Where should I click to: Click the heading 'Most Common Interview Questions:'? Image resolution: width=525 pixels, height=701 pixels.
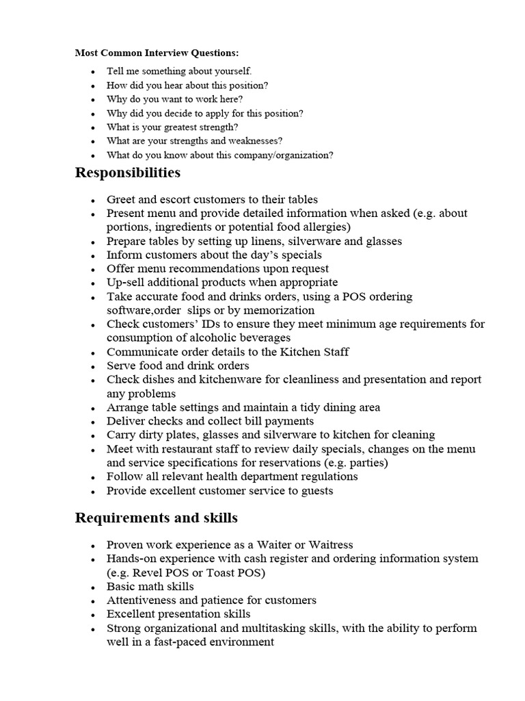coord(157,53)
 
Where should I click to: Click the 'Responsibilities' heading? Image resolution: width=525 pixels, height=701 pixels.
coord(128,173)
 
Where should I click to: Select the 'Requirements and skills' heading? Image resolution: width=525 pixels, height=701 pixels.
coord(156,518)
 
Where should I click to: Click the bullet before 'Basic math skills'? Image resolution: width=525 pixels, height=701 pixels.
coord(92,587)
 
